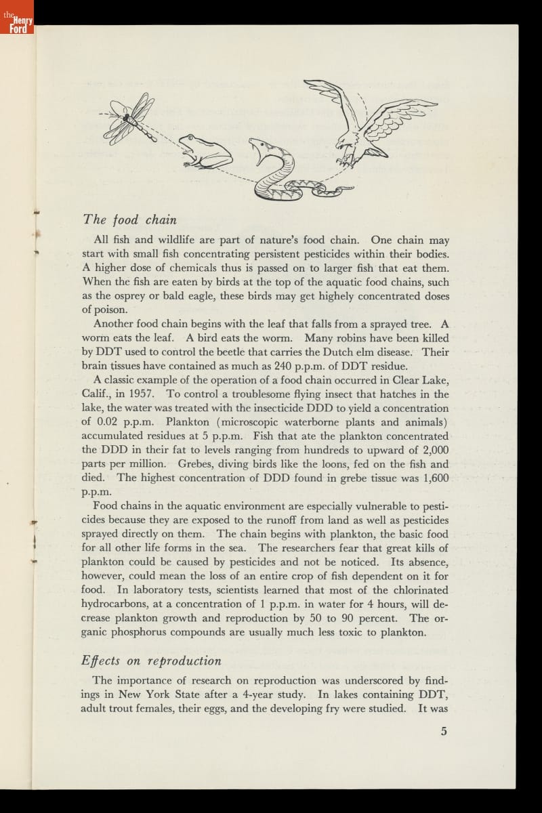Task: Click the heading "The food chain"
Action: [x=129, y=220]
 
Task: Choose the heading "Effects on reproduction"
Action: [x=152, y=661]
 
